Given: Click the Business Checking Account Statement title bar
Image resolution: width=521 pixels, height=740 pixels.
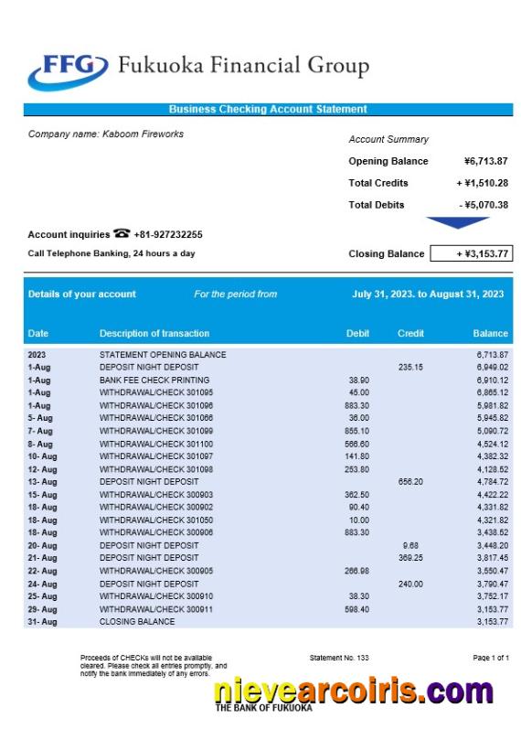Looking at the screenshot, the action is pos(268,110).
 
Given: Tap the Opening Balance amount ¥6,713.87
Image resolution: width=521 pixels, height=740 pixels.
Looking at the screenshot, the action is pos(485,161).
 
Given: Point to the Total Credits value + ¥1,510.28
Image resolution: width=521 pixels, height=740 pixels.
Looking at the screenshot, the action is pos(483,183).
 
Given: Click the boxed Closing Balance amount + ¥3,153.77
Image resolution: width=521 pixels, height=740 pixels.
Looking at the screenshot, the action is pos(472,253).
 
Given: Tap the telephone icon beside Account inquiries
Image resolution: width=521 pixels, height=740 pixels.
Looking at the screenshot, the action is pos(122,234).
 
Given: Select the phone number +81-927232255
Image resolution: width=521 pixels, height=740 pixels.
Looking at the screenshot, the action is pos(168,235).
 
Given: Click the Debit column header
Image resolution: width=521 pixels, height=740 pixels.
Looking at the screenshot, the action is pos(358,334).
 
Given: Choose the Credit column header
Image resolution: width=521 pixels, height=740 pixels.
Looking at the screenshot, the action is pos(410,334).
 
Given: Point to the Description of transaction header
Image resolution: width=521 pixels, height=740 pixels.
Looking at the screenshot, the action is pos(154,334).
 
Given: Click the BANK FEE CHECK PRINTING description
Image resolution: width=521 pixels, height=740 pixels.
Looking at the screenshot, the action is pos(154,380).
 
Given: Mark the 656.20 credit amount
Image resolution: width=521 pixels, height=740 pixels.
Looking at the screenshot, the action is pos(410,481).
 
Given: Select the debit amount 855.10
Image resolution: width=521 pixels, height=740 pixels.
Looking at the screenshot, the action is pos(357,431).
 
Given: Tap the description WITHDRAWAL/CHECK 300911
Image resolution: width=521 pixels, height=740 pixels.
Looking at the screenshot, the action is pos(156,609).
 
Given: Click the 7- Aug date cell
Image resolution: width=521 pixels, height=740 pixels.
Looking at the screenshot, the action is pos(41,431).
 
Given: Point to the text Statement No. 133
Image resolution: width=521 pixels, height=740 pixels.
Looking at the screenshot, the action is pos(339,658).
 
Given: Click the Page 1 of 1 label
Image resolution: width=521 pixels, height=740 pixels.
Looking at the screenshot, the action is pos(491,658).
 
